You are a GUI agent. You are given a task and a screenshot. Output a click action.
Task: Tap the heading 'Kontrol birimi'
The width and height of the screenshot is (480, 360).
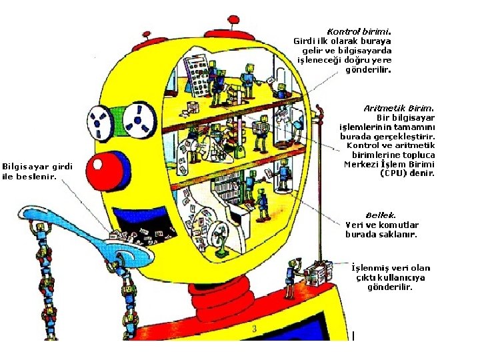(x=358, y=31)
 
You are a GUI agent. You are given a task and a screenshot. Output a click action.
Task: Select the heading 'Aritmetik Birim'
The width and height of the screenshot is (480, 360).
(x=399, y=108)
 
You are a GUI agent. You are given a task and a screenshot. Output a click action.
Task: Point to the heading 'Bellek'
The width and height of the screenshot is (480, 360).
(x=380, y=215)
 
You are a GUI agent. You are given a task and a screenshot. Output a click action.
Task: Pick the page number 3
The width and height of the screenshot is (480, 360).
(x=254, y=329)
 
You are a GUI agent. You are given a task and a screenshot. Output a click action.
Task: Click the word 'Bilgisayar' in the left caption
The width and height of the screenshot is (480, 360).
(x=26, y=166)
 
